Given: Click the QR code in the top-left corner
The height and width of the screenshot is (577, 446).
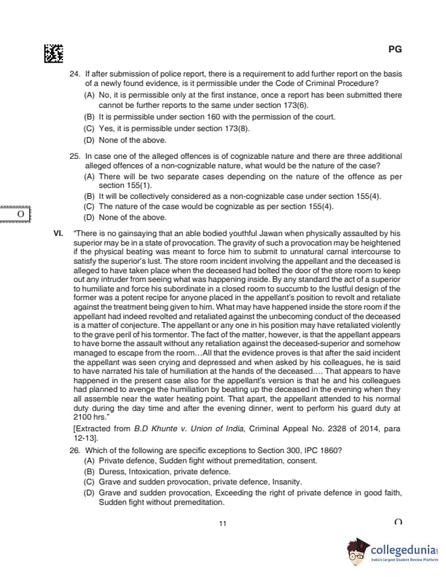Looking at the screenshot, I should (53, 52).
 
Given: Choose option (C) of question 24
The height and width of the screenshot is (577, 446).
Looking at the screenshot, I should (90, 128).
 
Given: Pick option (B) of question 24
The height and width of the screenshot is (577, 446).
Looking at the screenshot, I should (90, 117).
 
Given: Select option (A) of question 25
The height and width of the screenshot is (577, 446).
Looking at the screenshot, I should (90, 176).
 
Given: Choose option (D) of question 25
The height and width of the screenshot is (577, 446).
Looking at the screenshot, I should (90, 217).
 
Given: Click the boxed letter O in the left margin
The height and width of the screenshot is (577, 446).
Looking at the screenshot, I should (21, 215).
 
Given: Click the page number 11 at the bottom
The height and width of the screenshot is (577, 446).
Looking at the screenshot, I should (223, 524).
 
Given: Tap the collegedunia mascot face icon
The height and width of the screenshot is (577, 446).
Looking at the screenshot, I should (356, 553).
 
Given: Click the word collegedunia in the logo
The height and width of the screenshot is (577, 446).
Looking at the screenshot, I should (402, 548).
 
